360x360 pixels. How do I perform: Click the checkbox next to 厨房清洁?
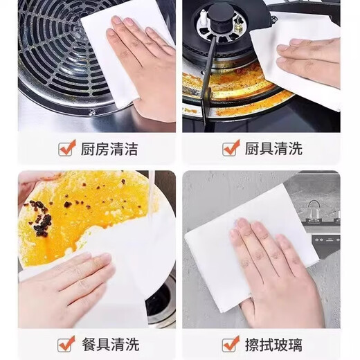click(x=67, y=148)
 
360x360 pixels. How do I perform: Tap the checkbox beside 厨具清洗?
click(x=231, y=148)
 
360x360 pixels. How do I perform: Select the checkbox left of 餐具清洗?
click(x=67, y=343)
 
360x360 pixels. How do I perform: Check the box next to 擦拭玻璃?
click(x=231, y=343)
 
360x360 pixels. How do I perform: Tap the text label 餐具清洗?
click(x=109, y=344)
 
